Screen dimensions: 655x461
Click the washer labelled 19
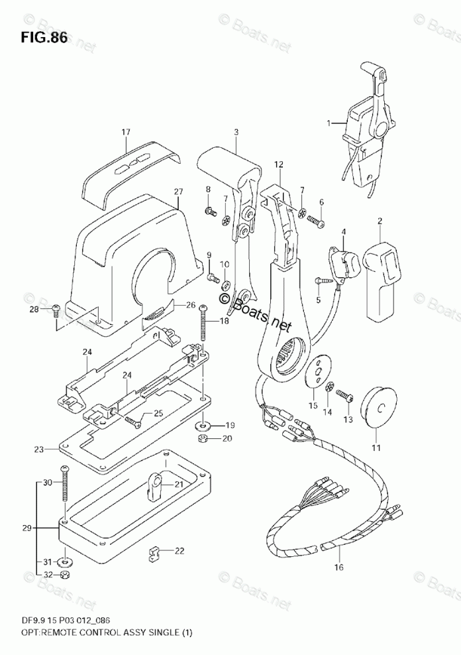(x=201, y=425)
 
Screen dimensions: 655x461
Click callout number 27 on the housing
(x=178, y=193)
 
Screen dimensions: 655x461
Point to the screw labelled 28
(x=56, y=309)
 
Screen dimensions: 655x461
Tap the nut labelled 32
(x=65, y=573)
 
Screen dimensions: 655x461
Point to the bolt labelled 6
(x=315, y=223)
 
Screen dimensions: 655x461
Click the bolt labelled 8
(x=210, y=211)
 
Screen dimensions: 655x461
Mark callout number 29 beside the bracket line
(x=26, y=528)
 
